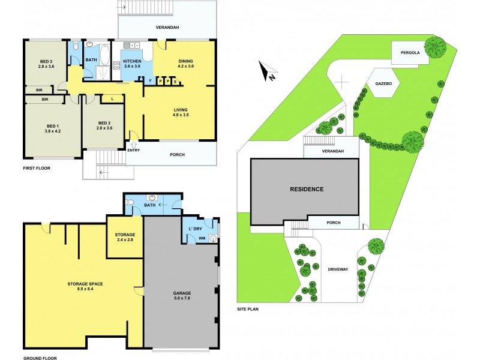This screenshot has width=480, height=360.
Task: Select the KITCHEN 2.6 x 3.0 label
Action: [132, 65]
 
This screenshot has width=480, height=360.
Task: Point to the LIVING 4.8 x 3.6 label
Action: [181, 112]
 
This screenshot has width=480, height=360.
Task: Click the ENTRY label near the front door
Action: [133, 151]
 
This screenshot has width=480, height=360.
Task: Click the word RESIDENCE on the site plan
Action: [307, 189]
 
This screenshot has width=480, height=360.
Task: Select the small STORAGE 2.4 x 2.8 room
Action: [125, 237]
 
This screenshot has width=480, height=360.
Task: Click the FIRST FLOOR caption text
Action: [37, 169]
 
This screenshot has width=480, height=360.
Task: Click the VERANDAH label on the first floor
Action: [167, 28]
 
